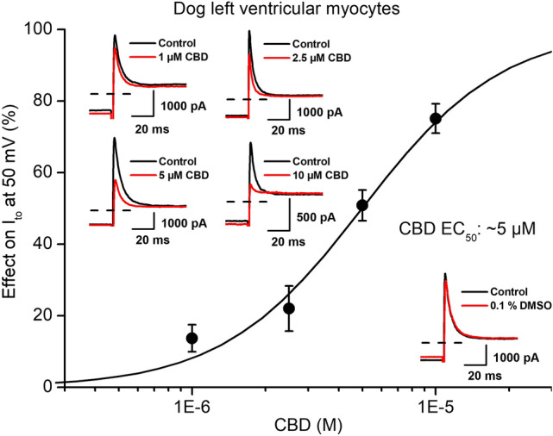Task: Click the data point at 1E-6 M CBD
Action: (192, 338)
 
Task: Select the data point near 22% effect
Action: (289, 308)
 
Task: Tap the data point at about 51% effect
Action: (362, 205)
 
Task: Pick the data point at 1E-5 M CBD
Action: (436, 118)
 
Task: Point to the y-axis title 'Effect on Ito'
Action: (15, 207)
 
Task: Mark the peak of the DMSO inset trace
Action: (445, 275)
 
